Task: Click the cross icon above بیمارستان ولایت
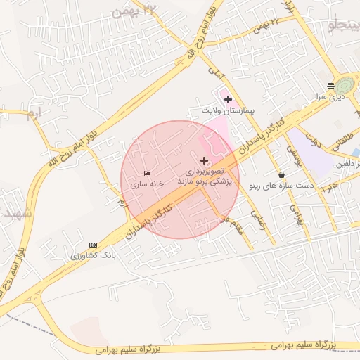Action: (228, 100)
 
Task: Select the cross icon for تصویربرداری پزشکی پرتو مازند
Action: (205, 160)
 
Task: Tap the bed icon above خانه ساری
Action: (147, 173)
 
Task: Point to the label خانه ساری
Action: (146, 184)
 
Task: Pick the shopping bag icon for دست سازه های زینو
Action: (282, 175)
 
